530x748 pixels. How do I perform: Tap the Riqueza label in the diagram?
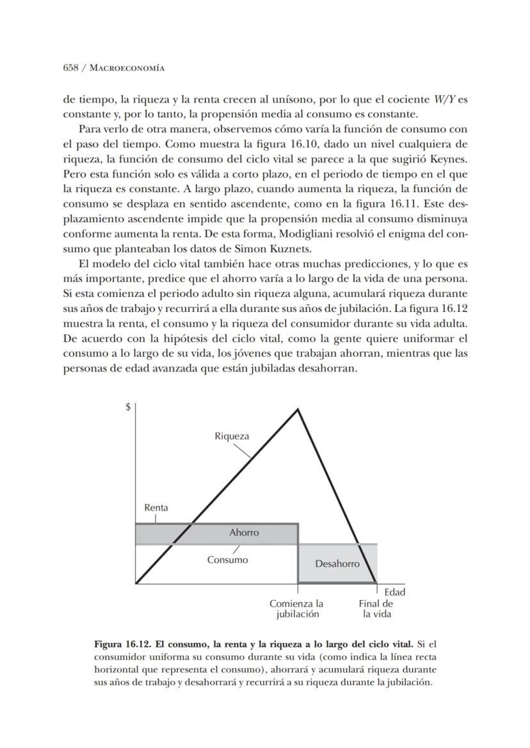(x=232, y=437)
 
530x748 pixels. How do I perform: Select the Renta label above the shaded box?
(x=156, y=508)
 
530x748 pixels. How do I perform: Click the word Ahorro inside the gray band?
(x=244, y=533)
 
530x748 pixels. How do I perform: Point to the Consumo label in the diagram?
(x=227, y=560)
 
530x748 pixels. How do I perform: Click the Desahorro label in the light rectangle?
(x=337, y=564)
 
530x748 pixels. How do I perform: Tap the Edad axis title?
(x=395, y=592)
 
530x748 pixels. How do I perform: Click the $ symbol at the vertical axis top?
(x=129, y=408)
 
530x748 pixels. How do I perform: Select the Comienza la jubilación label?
(x=296, y=608)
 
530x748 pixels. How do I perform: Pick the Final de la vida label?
(x=376, y=608)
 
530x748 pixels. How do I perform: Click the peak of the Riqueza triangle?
(x=298, y=409)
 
